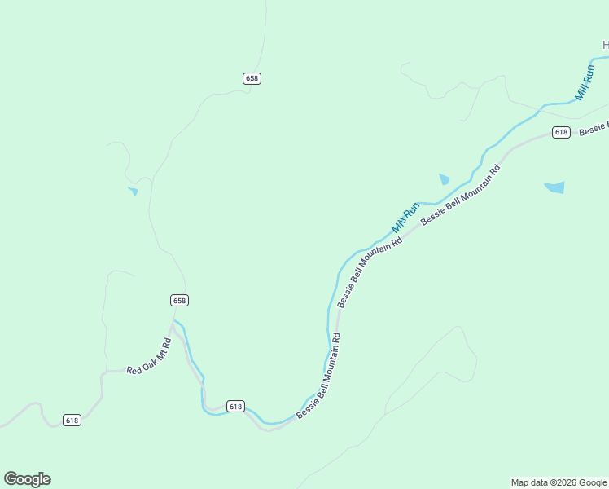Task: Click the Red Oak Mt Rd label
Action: pos(151,358)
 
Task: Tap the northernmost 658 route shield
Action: pos(252,78)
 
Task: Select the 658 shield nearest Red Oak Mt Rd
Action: pos(180,300)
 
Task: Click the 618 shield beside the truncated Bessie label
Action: pos(560,132)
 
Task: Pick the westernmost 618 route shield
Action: pos(72,421)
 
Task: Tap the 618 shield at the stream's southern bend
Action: pos(235,406)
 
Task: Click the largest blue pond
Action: pos(554,187)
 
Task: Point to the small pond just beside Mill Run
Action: pos(444,179)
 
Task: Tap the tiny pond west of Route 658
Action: pos(133,191)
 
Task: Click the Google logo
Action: pos(27,479)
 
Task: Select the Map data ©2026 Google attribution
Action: pos(559,482)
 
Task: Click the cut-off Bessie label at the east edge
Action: pos(594,128)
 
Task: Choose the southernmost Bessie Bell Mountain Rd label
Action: pos(318,376)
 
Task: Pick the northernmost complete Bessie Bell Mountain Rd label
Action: pos(460,196)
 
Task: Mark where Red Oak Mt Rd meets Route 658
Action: pos(173,323)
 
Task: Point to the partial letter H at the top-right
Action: pos(606,45)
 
